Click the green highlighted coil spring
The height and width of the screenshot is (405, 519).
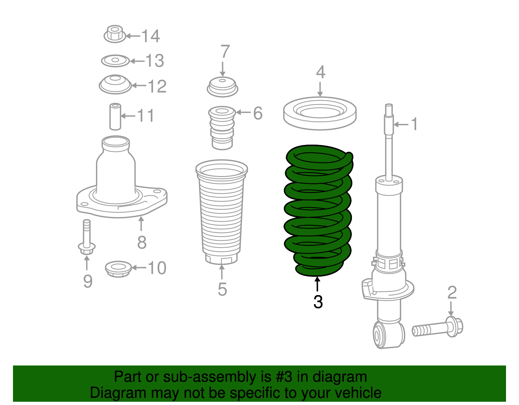[318, 211]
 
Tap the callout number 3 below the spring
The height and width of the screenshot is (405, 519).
[318, 302]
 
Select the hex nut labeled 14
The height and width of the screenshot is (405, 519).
[115, 34]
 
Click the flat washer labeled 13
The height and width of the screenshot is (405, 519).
[115, 61]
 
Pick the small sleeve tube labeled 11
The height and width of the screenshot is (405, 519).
[115, 116]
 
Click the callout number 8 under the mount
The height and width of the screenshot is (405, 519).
[142, 242]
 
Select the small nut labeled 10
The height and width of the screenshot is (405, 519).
[118, 269]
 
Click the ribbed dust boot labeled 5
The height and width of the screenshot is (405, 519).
[222, 214]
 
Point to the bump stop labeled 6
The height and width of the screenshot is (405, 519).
[222, 128]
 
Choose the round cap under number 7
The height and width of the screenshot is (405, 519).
[223, 87]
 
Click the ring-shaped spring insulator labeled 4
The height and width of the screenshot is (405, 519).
[320, 113]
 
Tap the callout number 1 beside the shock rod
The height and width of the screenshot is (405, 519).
[414, 124]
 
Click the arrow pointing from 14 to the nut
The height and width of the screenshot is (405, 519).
[133, 36]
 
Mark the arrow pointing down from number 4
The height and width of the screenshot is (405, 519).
[320, 89]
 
